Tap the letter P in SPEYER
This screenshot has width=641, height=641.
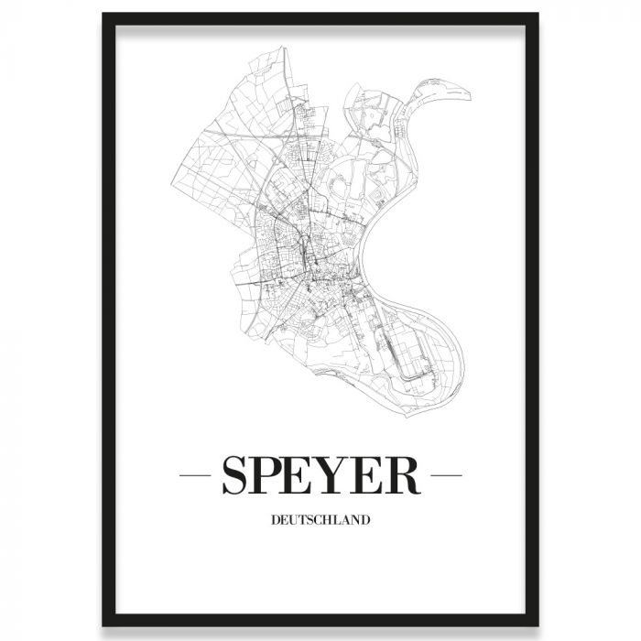272,476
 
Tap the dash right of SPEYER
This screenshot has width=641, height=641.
446,476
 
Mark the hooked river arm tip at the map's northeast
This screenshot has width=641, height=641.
467,93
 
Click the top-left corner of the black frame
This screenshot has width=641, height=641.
103,15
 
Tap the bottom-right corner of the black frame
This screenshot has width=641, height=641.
538,626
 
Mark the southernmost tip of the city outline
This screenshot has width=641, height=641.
403,417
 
